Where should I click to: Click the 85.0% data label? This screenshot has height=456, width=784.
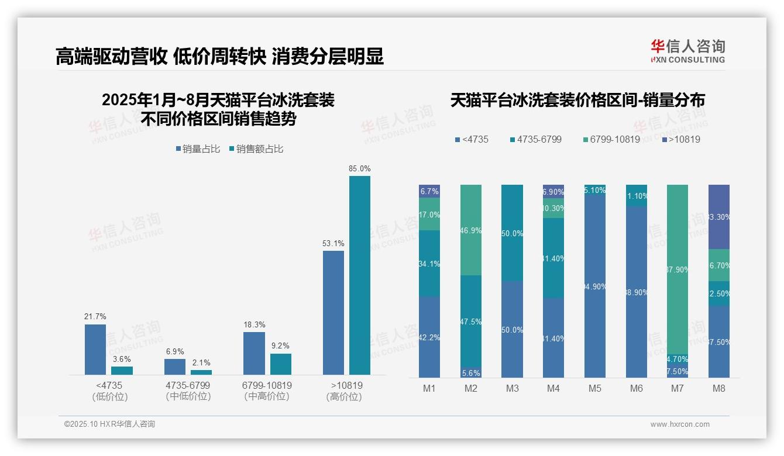tap(359, 168)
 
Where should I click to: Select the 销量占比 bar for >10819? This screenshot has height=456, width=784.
tap(333, 313)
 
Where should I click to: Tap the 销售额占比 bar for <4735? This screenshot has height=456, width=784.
tap(122, 371)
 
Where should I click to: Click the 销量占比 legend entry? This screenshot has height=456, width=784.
tap(198, 149)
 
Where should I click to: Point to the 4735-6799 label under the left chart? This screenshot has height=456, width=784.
tap(188, 385)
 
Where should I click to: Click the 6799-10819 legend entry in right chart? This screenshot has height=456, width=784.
tap(611, 140)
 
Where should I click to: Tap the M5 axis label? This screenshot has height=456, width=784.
tap(595, 388)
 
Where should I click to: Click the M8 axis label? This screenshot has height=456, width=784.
tap(719, 388)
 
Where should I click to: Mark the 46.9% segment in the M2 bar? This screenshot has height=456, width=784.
tap(471, 230)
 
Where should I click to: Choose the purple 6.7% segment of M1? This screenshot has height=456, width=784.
tap(429, 191)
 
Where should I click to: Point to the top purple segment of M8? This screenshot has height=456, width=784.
tap(719, 216)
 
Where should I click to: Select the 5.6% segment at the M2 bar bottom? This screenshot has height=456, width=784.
tap(471, 372)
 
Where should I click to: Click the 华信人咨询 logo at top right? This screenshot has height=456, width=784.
tap(687, 51)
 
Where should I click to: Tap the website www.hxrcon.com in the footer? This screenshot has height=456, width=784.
tap(680, 424)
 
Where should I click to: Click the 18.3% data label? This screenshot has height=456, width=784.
tap(254, 324)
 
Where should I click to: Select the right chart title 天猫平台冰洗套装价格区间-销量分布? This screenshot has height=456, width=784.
tap(577, 101)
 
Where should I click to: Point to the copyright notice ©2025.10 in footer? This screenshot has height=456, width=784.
tap(109, 424)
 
